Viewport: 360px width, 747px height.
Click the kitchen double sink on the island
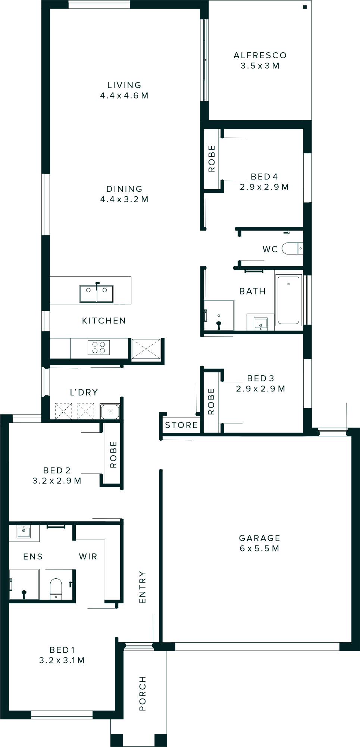click(x=96, y=294)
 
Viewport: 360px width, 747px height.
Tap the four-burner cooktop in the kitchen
click(x=98, y=347)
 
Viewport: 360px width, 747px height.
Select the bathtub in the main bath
click(x=288, y=300)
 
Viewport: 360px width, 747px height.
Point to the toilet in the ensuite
click(x=56, y=589)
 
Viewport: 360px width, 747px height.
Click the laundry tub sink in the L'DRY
click(x=110, y=411)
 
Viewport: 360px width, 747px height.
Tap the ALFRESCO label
click(x=260, y=55)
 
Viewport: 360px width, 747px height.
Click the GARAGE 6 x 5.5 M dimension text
click(x=260, y=548)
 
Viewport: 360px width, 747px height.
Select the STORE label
click(x=181, y=425)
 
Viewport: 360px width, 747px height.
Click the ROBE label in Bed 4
click(x=212, y=159)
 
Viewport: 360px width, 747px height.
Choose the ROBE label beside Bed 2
click(x=113, y=454)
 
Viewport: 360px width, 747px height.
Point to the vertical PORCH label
click(x=143, y=693)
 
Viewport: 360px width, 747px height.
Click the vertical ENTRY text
click(x=143, y=587)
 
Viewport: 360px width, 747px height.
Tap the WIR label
click(x=88, y=556)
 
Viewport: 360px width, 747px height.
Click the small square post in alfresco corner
click(x=305, y=7)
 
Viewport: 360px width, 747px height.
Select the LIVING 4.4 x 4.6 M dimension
click(x=124, y=96)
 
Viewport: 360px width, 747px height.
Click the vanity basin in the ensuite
click(x=24, y=530)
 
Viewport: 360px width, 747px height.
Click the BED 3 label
click(x=260, y=378)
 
